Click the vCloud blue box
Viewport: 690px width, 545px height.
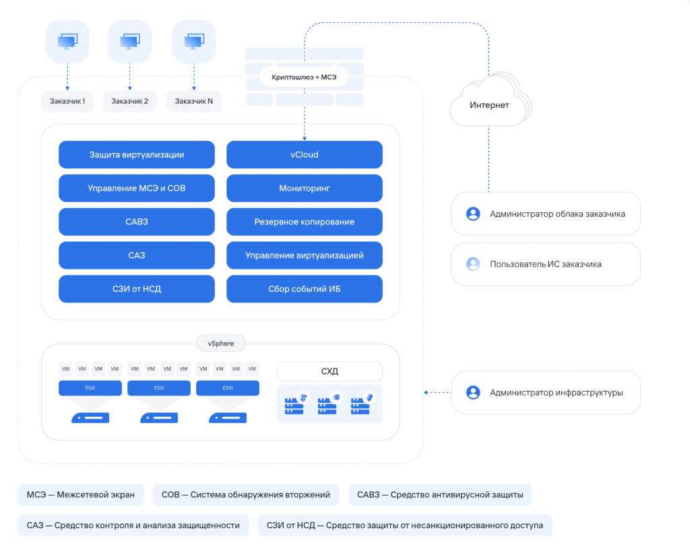(x=304, y=154)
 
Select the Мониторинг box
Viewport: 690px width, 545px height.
(x=304, y=188)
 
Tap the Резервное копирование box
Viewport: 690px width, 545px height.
(x=304, y=222)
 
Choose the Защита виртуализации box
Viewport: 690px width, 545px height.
(x=136, y=154)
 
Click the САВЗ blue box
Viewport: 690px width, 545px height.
(x=136, y=222)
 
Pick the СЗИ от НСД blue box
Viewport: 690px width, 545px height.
(x=136, y=289)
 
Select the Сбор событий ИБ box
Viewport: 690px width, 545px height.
(x=304, y=289)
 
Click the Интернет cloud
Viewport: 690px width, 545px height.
(x=489, y=105)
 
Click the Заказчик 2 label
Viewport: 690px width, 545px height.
(x=130, y=101)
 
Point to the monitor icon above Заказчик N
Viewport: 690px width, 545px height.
(x=194, y=42)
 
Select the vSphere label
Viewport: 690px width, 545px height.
(x=221, y=344)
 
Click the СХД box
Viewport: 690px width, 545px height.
(x=330, y=371)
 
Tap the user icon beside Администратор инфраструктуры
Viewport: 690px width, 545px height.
(x=473, y=391)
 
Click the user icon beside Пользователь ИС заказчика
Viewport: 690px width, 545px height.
(x=473, y=264)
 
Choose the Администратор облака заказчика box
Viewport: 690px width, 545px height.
(x=546, y=214)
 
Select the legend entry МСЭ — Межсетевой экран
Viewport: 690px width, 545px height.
(x=81, y=494)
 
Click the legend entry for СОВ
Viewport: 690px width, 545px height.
(x=246, y=494)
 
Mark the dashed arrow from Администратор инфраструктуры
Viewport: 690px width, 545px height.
(x=437, y=392)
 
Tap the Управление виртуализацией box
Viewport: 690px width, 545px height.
(x=304, y=255)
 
